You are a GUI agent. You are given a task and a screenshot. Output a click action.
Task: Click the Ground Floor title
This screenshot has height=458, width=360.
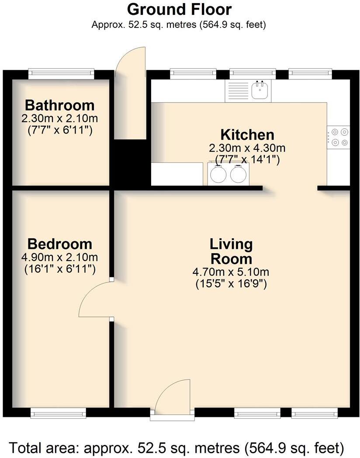tap(180, 9)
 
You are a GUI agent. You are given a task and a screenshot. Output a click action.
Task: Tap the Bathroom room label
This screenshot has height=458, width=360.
tap(59, 105)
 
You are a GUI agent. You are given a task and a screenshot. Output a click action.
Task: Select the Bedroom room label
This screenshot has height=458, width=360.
tap(59, 244)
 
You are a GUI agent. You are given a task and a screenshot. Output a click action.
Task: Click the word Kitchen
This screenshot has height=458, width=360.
tap(247, 134)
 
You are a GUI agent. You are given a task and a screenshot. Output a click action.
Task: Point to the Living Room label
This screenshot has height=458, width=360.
tap(231, 251)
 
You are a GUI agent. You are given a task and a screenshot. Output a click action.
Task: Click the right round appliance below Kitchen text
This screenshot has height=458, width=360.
tap(238, 174)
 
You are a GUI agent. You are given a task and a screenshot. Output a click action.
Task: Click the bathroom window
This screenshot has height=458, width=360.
tap(61, 74)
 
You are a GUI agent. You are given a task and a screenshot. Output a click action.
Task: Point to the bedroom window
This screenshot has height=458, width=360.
tap(58, 412)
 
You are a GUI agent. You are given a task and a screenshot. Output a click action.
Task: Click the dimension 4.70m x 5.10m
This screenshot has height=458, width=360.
tap(231, 272)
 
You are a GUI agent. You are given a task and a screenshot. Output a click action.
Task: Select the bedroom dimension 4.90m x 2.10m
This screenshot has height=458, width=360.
tap(59, 257)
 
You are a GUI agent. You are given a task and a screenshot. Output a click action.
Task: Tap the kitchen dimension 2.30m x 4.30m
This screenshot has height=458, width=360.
tap(247, 148)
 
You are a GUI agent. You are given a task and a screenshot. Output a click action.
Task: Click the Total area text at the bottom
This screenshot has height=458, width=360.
tap(177, 448)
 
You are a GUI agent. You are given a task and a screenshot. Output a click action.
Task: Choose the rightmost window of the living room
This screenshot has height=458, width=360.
tap(315, 412)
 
